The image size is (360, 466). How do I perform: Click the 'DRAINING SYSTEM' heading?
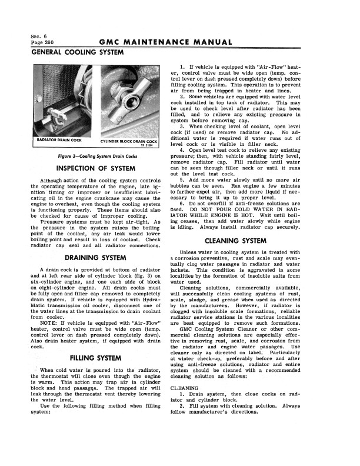96,258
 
